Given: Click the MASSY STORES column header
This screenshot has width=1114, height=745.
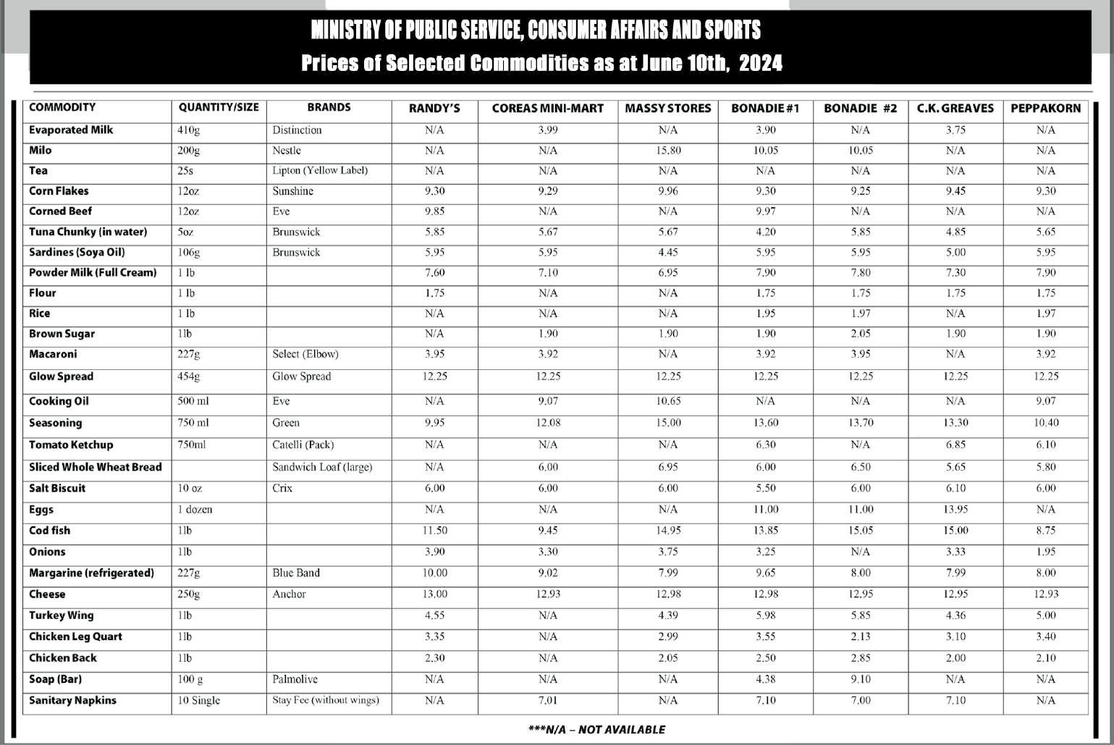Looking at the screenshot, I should pyautogui.click(x=668, y=108).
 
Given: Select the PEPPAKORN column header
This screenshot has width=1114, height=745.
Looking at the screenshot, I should pyautogui.click(x=1045, y=108).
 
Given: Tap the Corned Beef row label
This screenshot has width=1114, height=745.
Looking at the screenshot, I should pyautogui.click(x=60, y=211).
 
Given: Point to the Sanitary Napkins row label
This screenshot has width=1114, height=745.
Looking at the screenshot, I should pyautogui.click(x=72, y=700).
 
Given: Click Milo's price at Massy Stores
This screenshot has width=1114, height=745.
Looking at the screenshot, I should pyautogui.click(x=668, y=151).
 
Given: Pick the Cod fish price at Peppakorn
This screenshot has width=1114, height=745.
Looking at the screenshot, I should pyautogui.click(x=1045, y=530).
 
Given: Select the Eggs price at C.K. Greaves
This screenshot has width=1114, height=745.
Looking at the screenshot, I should pyautogui.click(x=955, y=509).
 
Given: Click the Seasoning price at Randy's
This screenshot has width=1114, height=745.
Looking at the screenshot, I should pyautogui.click(x=434, y=423).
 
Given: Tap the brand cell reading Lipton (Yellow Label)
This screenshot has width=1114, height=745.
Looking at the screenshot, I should pyautogui.click(x=320, y=171).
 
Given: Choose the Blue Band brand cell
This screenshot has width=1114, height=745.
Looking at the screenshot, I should pyautogui.click(x=296, y=573).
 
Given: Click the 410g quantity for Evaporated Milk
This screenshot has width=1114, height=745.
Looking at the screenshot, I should pyautogui.click(x=189, y=130).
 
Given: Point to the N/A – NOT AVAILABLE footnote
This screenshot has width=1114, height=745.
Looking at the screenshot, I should pyautogui.click(x=597, y=729).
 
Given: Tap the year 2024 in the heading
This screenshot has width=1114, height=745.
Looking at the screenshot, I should pyautogui.click(x=761, y=63).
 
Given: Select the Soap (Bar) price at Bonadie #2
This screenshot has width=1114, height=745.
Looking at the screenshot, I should pyautogui.click(x=860, y=679).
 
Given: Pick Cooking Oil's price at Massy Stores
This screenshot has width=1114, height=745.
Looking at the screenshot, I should pyautogui.click(x=668, y=401).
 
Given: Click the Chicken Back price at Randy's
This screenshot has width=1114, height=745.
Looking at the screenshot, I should pyautogui.click(x=434, y=658).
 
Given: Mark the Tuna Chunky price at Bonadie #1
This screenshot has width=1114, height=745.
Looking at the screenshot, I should pyautogui.click(x=765, y=232).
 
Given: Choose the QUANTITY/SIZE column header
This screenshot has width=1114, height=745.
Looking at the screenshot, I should pyautogui.click(x=219, y=108).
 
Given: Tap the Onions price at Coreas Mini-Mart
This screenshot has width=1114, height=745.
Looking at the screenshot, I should pyautogui.click(x=548, y=552).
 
